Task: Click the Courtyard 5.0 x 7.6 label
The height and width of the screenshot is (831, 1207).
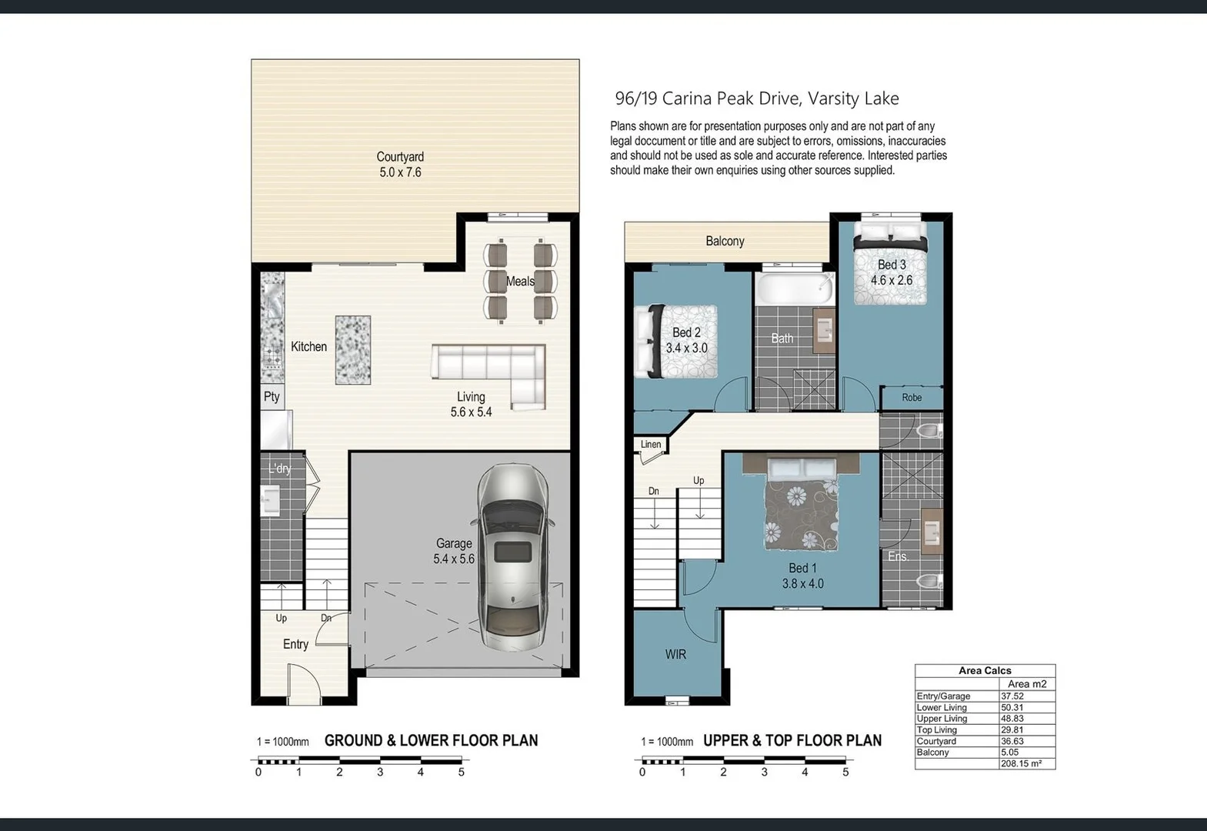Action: click(x=400, y=165)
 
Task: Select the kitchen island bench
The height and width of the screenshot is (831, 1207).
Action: click(x=353, y=350)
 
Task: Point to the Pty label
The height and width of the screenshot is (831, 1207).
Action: click(x=272, y=396)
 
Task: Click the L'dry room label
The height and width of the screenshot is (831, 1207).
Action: click(x=280, y=469)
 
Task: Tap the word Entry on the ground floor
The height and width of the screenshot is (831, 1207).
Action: click(x=295, y=644)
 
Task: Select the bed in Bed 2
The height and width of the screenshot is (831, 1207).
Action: click(x=676, y=341)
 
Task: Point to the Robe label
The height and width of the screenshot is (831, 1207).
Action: click(x=912, y=398)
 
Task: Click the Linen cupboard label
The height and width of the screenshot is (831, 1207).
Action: click(x=651, y=444)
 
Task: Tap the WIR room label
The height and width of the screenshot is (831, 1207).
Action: click(x=675, y=654)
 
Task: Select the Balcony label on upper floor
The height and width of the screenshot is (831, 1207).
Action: click(x=725, y=241)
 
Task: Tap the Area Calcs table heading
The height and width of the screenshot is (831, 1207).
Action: click(x=985, y=670)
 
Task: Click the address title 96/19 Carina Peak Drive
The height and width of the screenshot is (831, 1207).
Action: click(x=756, y=98)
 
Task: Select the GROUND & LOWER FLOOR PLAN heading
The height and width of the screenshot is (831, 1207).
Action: click(x=431, y=740)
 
